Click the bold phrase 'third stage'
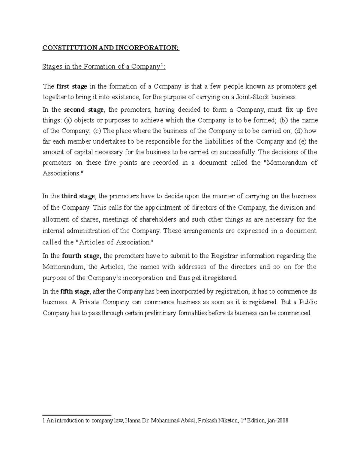click(78, 196)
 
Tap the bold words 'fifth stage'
click(75, 291)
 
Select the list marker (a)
click(68, 120)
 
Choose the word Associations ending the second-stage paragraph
click(61, 173)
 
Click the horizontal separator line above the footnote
click(77, 415)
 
